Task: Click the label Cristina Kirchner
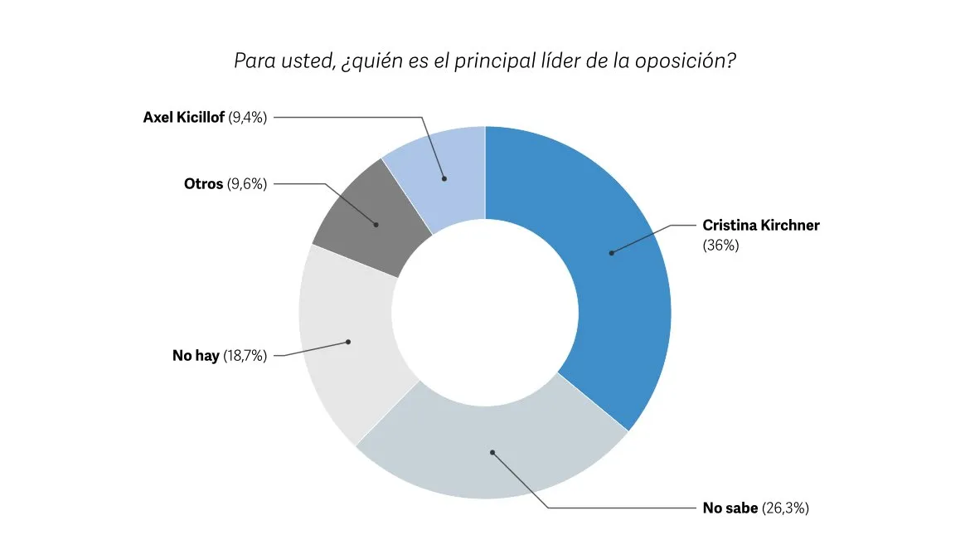click(760, 225)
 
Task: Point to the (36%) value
click(720, 246)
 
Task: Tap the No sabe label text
click(730, 508)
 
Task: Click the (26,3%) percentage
click(785, 508)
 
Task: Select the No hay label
click(196, 356)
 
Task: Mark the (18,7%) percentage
click(245, 356)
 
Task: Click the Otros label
click(203, 183)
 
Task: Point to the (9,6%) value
click(247, 183)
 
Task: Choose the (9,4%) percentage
click(246, 117)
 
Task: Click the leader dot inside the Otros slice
click(376, 224)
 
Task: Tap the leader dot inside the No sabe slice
click(492, 452)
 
